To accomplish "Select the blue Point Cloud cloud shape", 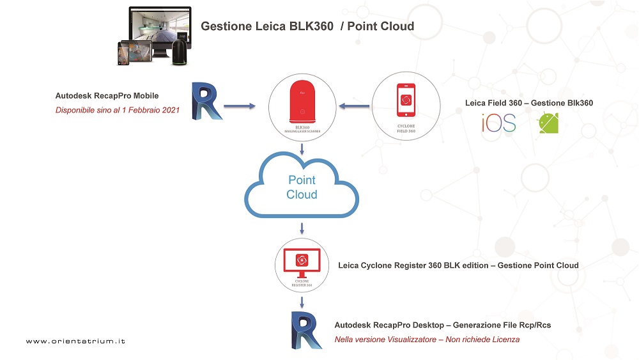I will point(302,187).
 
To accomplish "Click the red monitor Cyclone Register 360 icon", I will point(302,262).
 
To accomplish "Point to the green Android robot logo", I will point(548,122).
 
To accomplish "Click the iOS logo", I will point(499,123).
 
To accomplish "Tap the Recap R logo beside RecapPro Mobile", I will point(206,101).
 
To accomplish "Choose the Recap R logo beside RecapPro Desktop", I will point(304,331).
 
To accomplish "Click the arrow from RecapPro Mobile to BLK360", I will point(240,105).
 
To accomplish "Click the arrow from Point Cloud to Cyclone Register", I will point(302,228).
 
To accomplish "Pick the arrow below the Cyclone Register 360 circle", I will point(302,300).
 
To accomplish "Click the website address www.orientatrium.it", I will point(75,341).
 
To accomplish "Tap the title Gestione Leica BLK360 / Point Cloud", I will point(307,26).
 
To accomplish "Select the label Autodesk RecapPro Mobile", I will point(107,96).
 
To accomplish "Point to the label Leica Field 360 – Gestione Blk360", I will point(528,103).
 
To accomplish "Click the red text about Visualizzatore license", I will point(427,340).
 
